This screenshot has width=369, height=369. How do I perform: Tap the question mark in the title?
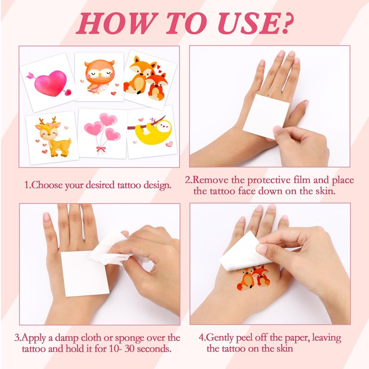tap(286, 23)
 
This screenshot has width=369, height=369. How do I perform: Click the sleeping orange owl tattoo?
tap(100, 77)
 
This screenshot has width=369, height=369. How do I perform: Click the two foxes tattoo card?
tap(150, 79)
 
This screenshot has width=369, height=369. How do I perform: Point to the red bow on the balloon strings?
tap(101, 149)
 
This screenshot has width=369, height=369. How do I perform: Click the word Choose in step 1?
tap(47, 185)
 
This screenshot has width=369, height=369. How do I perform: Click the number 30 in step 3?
tap(129, 349)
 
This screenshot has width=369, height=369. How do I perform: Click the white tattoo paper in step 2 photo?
tap(266, 116)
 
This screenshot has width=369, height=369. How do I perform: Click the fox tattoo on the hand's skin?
tap(253, 277)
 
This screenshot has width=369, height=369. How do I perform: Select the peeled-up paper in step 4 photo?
tap(245, 253)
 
